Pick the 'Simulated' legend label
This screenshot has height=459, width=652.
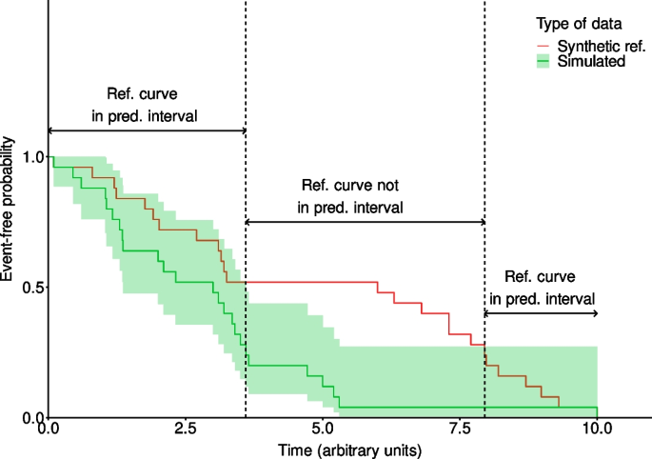click(591, 61)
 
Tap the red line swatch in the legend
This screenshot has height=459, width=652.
click(543, 46)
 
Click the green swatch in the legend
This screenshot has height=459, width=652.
click(543, 61)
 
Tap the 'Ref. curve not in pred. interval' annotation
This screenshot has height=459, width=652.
click(352, 196)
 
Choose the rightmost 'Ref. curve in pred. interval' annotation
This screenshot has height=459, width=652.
click(541, 287)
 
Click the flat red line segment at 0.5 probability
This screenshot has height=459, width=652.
click(305, 282)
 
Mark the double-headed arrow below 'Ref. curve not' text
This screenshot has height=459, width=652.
click(365, 222)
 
